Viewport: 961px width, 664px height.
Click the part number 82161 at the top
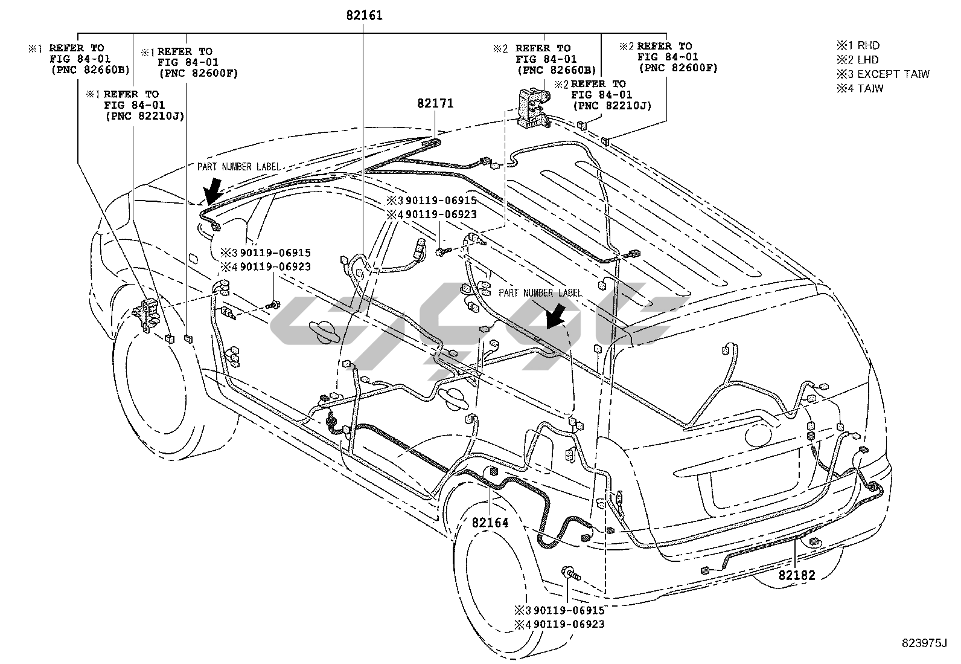364,16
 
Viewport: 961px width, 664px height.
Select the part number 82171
435,103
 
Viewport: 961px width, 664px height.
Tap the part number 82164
490,523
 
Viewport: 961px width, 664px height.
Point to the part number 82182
797,575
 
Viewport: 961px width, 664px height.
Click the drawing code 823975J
924,643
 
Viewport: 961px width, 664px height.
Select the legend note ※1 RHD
858,45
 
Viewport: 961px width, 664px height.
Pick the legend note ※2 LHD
858,60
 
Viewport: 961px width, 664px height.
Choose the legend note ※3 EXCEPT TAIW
883,74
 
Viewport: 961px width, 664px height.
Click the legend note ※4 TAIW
860,88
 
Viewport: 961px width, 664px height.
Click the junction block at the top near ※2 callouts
533,108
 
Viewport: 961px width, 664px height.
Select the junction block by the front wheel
147,315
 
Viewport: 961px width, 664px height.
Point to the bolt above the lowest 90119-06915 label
570,573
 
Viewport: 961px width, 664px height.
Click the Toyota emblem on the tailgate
758,436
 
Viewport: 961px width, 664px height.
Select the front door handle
324,330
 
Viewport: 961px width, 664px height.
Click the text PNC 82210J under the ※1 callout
145,117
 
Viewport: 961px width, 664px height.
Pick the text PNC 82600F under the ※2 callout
678,68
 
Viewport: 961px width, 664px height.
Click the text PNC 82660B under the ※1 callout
90,70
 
